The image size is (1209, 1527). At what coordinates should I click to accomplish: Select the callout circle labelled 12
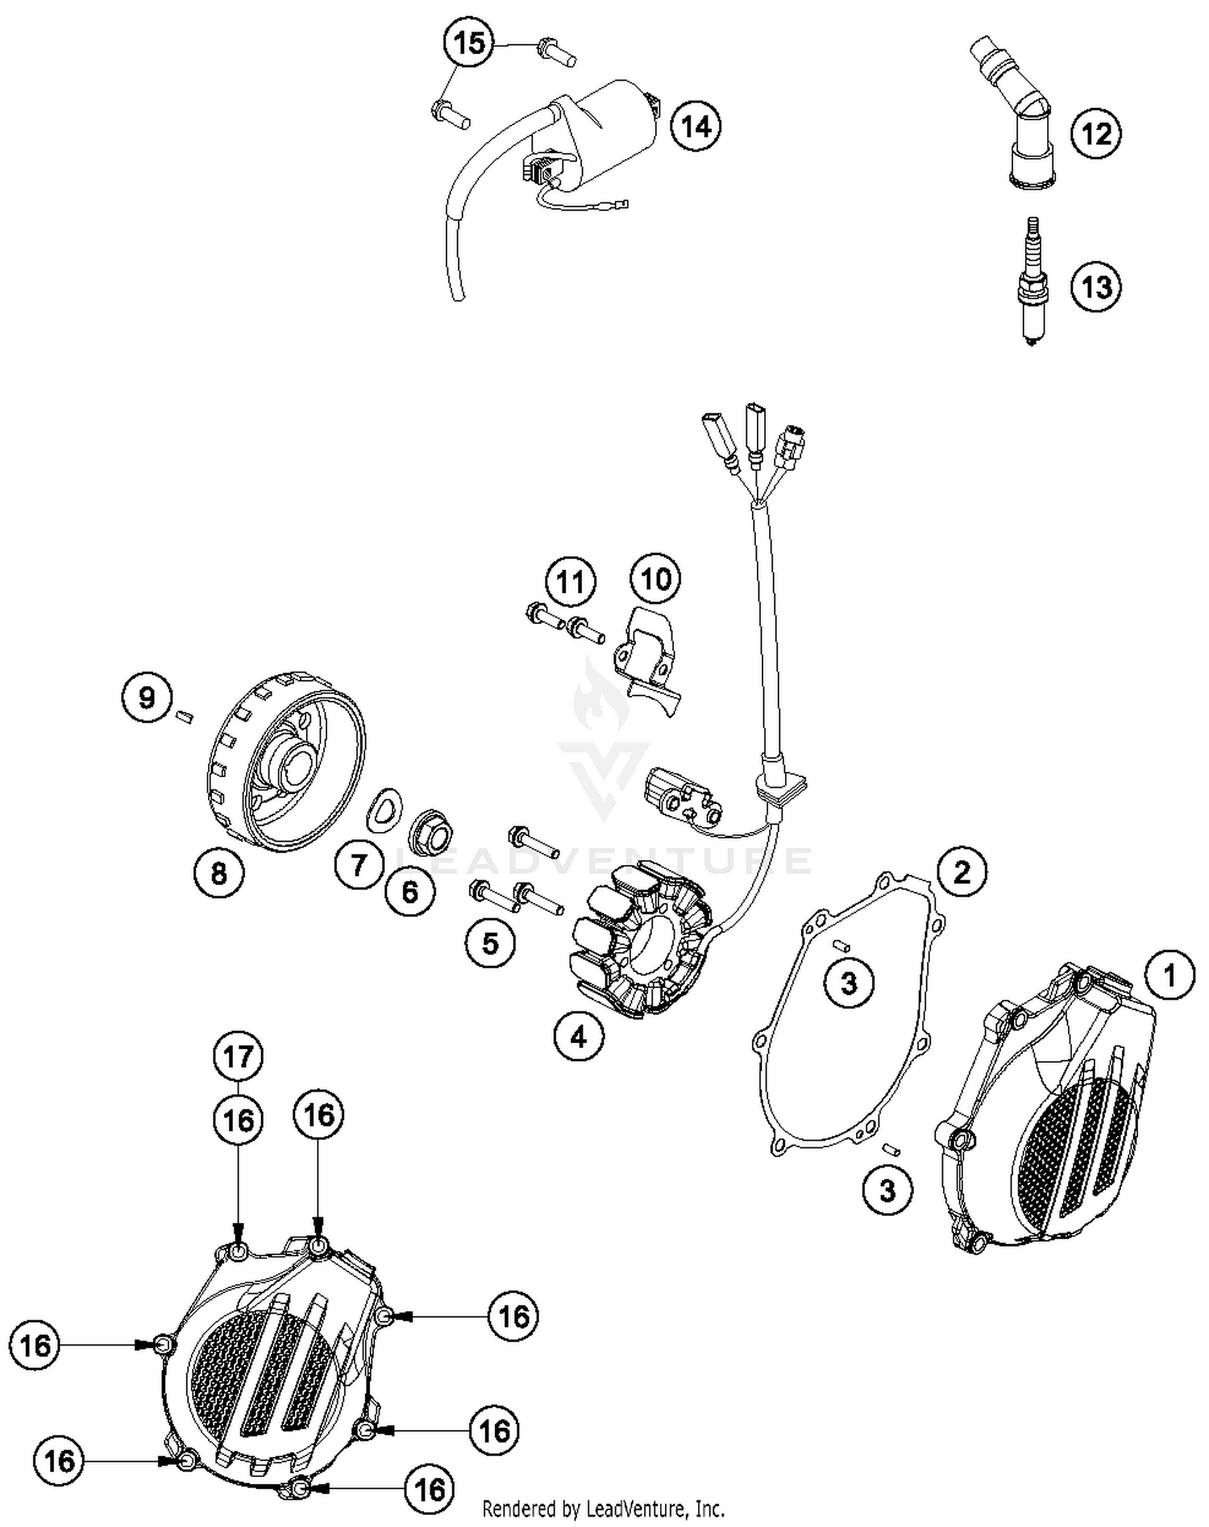pos(1096,134)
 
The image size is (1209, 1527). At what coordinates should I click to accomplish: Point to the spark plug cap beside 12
pos(1014,113)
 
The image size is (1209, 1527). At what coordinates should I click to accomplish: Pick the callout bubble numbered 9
pos(147,697)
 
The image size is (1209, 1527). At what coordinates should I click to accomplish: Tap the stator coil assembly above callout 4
pos(642,937)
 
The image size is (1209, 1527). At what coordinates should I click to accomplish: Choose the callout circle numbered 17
pos(239,1056)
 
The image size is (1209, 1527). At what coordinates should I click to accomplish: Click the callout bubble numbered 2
pos(962,872)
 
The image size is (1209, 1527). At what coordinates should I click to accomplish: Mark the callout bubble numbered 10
pos(655,578)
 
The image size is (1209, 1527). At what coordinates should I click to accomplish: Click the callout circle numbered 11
pos(571,581)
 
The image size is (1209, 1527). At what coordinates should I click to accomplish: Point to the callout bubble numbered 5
pos(491,942)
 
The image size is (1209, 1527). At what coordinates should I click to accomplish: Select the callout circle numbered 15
pos(469,43)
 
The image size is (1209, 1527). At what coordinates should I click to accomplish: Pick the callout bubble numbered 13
pos(1096,286)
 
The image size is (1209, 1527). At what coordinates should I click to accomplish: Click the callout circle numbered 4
pos(579,1038)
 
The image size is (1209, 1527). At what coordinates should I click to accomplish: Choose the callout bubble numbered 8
pos(219,872)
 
